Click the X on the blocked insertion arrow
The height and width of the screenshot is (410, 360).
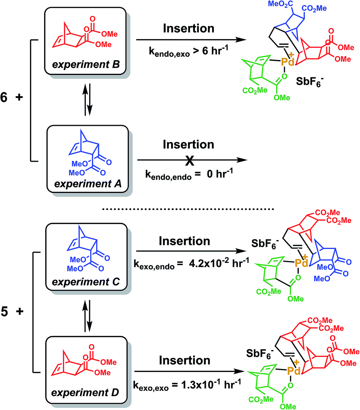(x=188, y=160)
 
